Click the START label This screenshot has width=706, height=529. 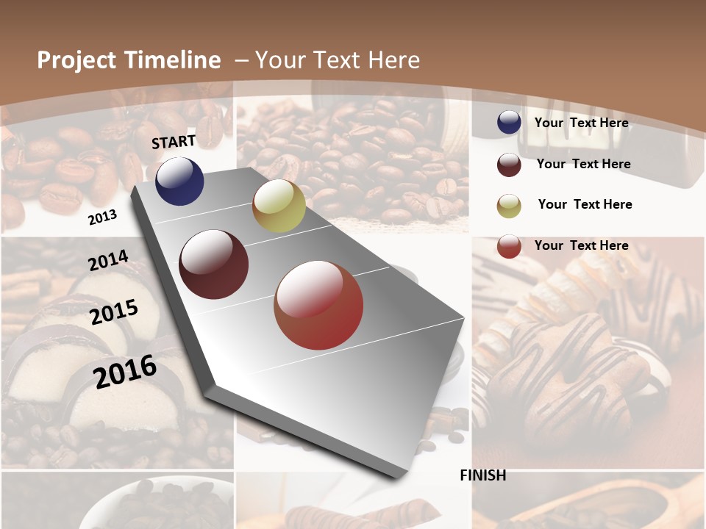[x=174, y=142]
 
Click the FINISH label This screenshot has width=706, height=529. [x=482, y=475]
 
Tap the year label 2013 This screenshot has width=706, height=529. [x=102, y=217]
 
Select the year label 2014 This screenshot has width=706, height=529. [x=108, y=260]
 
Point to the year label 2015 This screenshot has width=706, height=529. [x=114, y=312]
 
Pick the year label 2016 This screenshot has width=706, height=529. [x=125, y=371]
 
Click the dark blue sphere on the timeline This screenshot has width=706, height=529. [x=179, y=181]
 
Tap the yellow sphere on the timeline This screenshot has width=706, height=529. [x=279, y=206]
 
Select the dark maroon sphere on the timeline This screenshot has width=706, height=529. [x=213, y=264]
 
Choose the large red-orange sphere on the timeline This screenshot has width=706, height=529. [x=318, y=305]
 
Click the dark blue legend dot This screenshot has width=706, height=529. [x=509, y=123]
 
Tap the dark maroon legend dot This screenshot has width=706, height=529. [x=509, y=165]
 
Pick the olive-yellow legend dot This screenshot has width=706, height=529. [x=509, y=206]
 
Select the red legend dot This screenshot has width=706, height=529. [x=509, y=246]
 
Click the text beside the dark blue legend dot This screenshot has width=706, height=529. [x=581, y=123]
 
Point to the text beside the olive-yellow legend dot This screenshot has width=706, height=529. [x=585, y=204]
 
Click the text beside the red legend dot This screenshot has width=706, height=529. [x=581, y=245]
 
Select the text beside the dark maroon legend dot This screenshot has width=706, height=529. [x=583, y=164]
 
